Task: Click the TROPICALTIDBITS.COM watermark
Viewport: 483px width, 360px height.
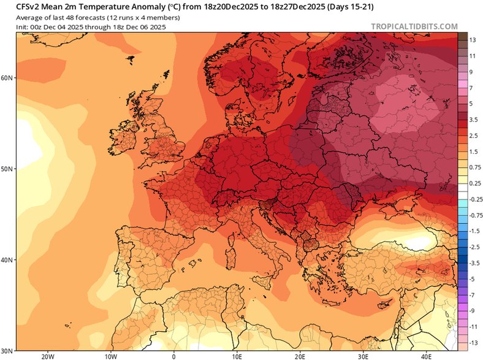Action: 414,26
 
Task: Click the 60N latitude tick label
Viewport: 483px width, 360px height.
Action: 7,78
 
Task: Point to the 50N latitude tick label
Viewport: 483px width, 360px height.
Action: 7,169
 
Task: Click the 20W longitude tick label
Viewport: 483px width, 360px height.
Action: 47,356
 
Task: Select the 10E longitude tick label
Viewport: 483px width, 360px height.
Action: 237,356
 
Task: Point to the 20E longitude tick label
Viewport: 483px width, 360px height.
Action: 300,356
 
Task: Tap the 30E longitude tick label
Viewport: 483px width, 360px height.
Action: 363,356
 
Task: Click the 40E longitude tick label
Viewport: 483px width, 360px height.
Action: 426,356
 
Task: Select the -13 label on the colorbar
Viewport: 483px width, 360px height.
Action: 473,342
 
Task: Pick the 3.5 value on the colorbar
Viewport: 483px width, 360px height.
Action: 474,120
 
